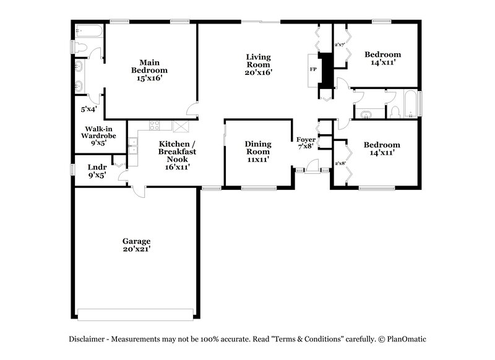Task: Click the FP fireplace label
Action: point(312,69)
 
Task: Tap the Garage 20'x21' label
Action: point(136,245)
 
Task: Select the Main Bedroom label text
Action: point(149,70)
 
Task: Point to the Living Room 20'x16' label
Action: point(259,64)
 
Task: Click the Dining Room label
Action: point(258,151)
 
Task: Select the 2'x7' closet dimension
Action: point(339,45)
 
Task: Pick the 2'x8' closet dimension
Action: point(339,163)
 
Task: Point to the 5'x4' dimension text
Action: point(88,109)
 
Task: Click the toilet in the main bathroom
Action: point(81,47)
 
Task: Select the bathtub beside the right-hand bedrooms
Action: point(410,103)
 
